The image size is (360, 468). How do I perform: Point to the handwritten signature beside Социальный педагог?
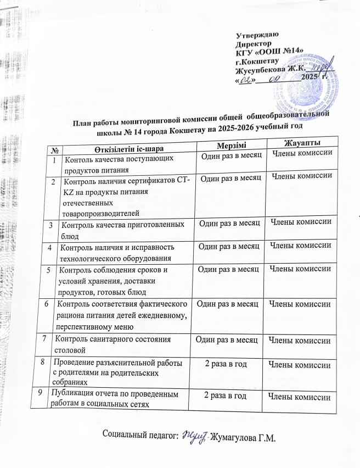(194, 436)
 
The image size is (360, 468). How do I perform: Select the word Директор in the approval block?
(253, 43)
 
